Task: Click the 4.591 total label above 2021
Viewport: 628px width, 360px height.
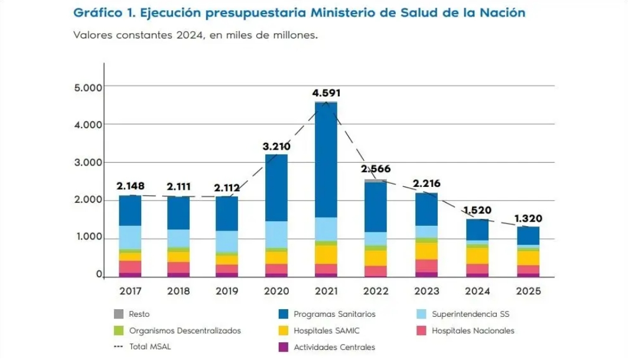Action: pyautogui.click(x=327, y=93)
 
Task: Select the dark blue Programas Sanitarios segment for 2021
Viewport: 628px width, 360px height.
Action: pyautogui.click(x=326, y=160)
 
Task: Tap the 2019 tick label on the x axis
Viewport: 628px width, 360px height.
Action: pyautogui.click(x=227, y=291)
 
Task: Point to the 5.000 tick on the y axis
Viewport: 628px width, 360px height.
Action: pyautogui.click(x=87, y=87)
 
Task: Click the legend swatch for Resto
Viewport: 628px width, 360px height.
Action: pyautogui.click(x=118, y=314)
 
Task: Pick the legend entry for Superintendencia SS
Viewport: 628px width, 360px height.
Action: pyautogui.click(x=469, y=314)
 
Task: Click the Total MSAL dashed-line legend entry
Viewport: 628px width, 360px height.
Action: pyautogui.click(x=150, y=347)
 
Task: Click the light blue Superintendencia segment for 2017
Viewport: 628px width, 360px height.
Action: pyautogui.click(x=130, y=237)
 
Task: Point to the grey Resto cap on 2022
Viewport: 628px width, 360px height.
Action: pyautogui.click(x=376, y=180)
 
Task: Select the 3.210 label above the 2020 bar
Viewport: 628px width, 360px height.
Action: pyautogui.click(x=277, y=145)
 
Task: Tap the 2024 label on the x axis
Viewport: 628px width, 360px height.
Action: pyautogui.click(x=477, y=291)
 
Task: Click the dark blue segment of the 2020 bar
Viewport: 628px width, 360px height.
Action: pyautogui.click(x=276, y=188)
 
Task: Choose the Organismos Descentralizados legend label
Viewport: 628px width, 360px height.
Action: pyautogui.click(x=185, y=331)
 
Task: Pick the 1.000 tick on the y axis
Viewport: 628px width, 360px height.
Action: pyautogui.click(x=87, y=238)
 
